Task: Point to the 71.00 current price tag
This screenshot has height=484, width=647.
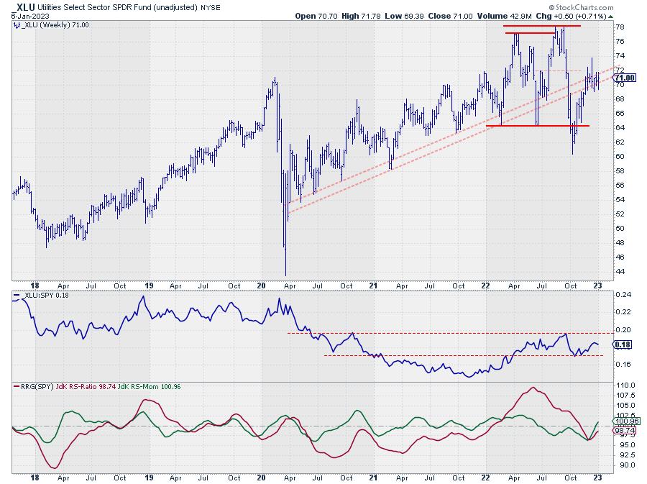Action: (624, 78)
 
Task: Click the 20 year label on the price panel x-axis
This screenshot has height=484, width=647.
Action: (262, 284)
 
